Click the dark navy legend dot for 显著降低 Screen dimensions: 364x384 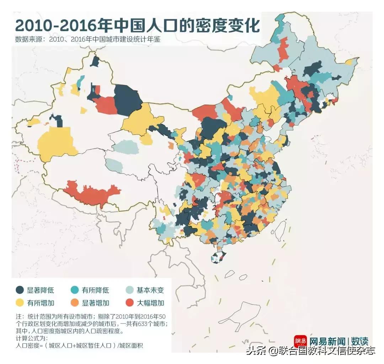(x=20, y=290)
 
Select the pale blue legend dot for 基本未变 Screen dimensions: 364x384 (x=130, y=290)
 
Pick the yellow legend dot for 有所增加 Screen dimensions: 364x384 (x=20, y=303)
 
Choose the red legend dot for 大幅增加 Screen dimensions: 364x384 (x=130, y=303)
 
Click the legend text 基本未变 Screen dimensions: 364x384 (x=150, y=290)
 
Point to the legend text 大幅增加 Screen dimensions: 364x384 (x=150, y=303)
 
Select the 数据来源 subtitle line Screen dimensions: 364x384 (x=87, y=39)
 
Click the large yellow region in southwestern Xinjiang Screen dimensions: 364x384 (x=57, y=144)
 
